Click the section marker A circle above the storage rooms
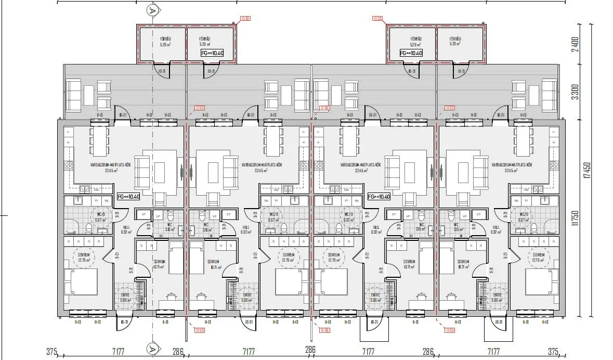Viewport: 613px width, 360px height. pyautogui.click(x=152, y=9)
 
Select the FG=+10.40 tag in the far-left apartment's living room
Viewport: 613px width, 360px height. pyautogui.click(x=127, y=197)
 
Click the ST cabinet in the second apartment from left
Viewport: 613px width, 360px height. pyautogui.click(x=227, y=214)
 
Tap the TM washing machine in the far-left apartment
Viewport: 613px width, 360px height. pyautogui.click(x=106, y=201)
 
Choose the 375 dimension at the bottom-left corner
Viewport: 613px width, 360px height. pyautogui.click(x=51, y=352)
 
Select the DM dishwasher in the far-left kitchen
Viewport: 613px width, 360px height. pyautogui.click(x=96, y=189)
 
